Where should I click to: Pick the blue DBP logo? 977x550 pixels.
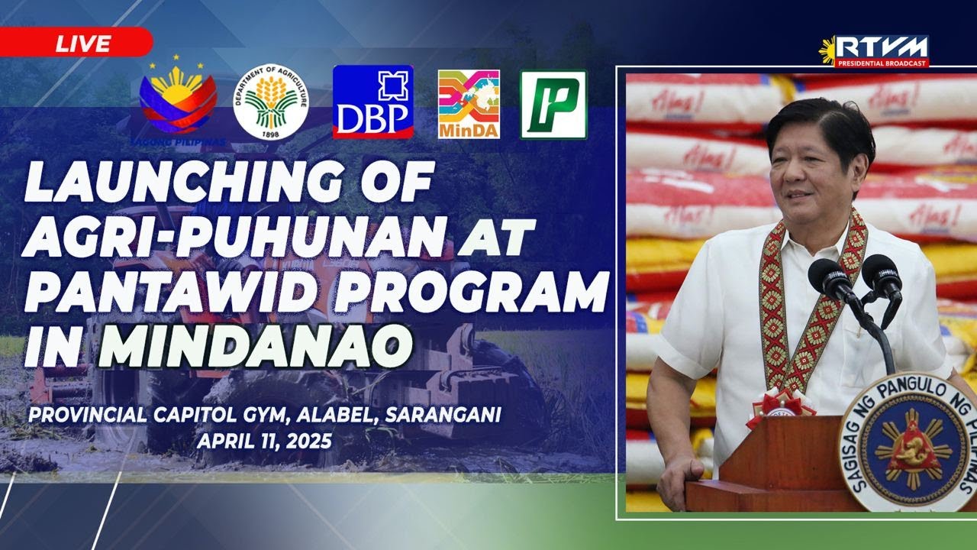(372, 102)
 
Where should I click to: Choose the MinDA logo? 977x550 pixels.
(469, 104)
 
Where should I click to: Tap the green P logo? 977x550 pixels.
(553, 105)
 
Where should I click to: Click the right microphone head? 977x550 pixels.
(882, 273)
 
